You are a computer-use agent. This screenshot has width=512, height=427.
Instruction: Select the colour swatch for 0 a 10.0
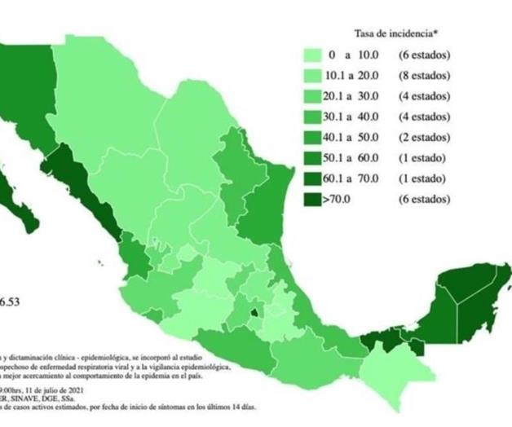tap(314, 56)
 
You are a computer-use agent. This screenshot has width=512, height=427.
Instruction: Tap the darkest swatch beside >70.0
tap(314, 199)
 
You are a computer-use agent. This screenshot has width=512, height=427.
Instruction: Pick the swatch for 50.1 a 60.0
tap(314, 158)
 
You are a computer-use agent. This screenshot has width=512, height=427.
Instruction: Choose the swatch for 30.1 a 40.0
tap(314, 117)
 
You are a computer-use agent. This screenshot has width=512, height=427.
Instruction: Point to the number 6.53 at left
tap(9, 302)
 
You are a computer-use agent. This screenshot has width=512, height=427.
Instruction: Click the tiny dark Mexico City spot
tap(254, 310)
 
